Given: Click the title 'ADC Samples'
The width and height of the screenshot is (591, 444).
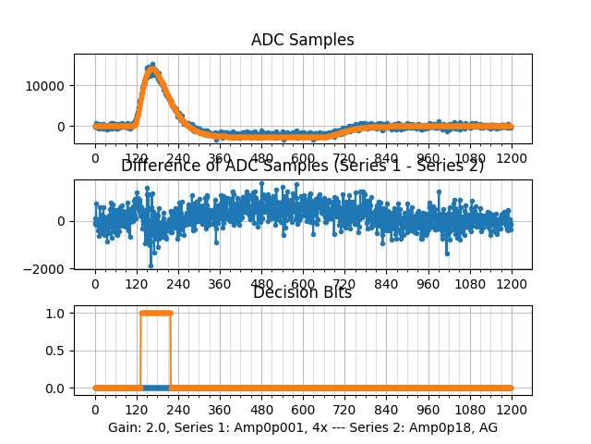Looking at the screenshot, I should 302,40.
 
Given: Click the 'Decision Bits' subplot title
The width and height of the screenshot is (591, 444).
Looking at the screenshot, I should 302,292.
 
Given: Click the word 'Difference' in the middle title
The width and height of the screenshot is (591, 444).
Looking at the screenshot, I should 157,166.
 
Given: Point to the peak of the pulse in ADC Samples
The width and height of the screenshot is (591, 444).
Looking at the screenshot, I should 152,66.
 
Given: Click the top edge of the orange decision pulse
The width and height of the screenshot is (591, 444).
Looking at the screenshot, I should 155,313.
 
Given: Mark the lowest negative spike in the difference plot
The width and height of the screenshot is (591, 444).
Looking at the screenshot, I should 151,265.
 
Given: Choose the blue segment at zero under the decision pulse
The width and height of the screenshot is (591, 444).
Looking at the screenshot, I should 155,388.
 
